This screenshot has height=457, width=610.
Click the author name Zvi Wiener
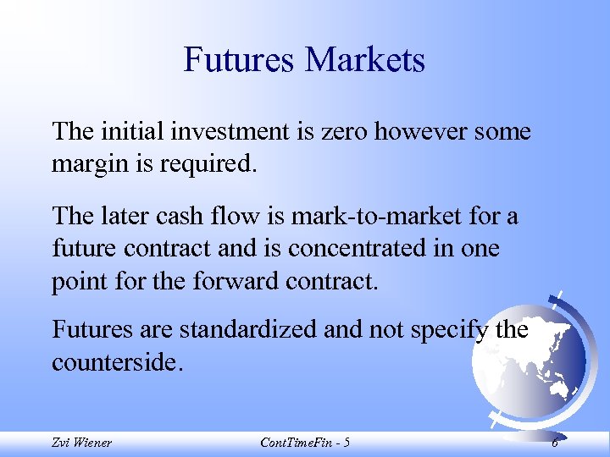[x=81, y=443]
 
